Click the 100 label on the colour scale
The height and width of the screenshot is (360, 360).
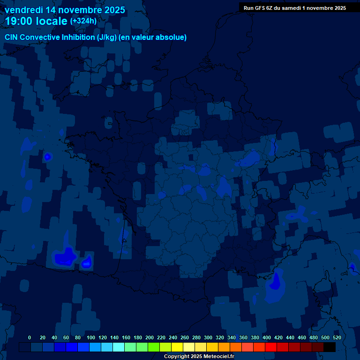(91, 337)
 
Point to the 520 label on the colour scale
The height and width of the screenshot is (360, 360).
(337, 337)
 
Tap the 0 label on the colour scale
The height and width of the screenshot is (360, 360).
(30, 337)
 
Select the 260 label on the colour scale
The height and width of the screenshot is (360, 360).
(185, 337)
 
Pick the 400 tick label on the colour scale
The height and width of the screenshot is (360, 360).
(267, 337)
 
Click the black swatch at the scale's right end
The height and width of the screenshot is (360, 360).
(330, 347)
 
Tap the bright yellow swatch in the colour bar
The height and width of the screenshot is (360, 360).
(177, 347)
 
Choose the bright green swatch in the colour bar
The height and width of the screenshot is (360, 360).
(154, 347)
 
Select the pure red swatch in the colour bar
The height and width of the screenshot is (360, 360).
(271, 347)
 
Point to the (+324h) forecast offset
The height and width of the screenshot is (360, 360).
(83, 21)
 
